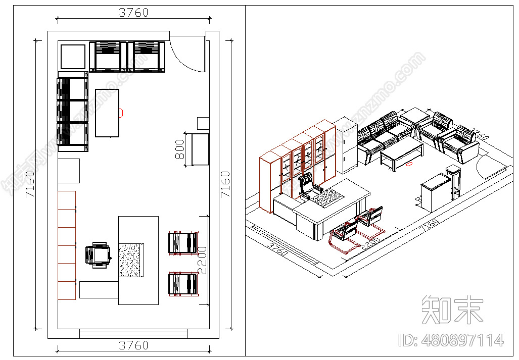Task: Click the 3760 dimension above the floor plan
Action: click(133, 13)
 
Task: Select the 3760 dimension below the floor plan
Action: click(133, 345)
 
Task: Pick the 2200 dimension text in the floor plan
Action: click(202, 260)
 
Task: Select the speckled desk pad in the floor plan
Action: click(132, 260)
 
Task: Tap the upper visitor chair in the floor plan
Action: click(182, 242)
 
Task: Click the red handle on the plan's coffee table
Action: click(121, 113)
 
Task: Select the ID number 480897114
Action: click(451, 340)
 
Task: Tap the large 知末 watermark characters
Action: click(452, 309)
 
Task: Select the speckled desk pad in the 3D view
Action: click(326, 196)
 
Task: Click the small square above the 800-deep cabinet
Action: click(203, 123)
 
